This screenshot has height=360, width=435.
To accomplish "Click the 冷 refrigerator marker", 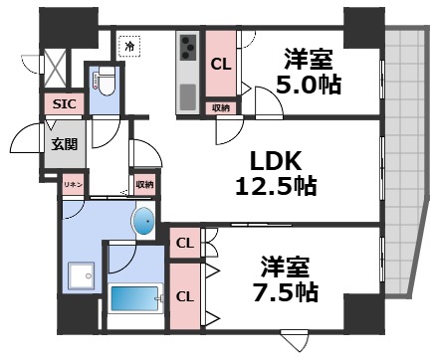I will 129,45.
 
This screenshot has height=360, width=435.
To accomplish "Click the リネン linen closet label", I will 74,185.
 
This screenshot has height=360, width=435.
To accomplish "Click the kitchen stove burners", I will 187,47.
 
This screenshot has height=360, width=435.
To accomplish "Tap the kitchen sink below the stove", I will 187,96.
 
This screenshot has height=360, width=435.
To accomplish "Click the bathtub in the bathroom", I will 135,299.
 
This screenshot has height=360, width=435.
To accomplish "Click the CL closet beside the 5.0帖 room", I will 222,64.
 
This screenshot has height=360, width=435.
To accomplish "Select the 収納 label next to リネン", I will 144,184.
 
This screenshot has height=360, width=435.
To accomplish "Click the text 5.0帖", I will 310,84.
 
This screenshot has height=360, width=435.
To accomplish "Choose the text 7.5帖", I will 286,292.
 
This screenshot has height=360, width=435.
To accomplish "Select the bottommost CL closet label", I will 185,295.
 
